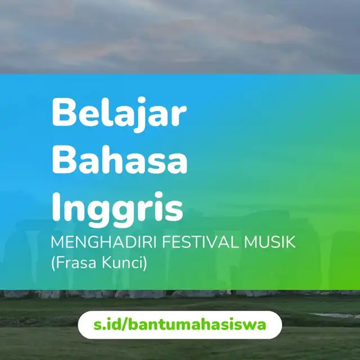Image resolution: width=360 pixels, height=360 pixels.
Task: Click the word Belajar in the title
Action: click(x=119, y=115)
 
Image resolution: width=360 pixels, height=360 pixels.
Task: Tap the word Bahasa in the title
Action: click(x=120, y=159)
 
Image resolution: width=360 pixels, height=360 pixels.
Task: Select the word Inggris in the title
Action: click(x=118, y=210)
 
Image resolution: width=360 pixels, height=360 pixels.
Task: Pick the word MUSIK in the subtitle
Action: click(x=269, y=242)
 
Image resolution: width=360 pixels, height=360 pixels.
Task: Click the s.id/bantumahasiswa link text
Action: click(x=180, y=325)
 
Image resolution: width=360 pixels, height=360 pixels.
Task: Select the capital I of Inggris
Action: click(x=56, y=206)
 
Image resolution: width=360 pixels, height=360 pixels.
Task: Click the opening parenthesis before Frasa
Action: click(x=53, y=263)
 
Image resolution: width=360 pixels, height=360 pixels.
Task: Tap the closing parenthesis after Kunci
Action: click(x=145, y=263)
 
